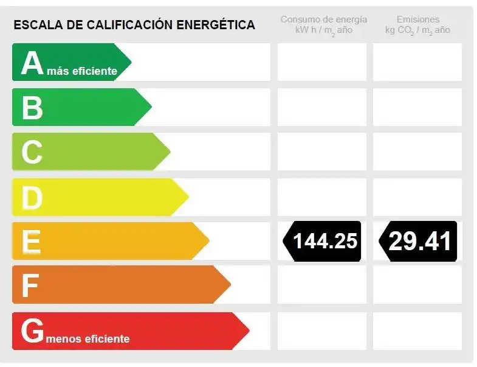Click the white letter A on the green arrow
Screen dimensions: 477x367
[x=33, y=63]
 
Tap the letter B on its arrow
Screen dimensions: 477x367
[x=32, y=108]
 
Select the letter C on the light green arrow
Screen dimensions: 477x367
[x=32, y=152]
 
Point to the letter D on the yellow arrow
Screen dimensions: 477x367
[x=32, y=198]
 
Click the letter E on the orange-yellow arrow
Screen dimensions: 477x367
[x=32, y=242]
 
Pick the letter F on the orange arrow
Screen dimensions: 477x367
[x=30, y=285]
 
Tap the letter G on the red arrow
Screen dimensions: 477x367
[x=33, y=330]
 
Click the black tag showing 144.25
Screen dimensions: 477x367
[x=322, y=241]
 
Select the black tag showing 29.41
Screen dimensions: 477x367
[x=418, y=241]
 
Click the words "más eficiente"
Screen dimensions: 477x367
[x=82, y=71]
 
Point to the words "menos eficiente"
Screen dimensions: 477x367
[x=88, y=338]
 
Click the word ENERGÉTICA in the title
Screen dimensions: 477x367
[x=216, y=24]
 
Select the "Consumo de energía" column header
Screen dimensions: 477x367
[x=324, y=19]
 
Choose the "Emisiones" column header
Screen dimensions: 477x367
[x=418, y=19]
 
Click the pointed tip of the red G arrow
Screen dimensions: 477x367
[x=250, y=330]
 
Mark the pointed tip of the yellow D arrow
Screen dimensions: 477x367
[x=188, y=197]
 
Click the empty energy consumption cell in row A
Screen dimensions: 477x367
[x=322, y=62]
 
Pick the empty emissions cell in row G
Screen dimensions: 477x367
[x=417, y=331]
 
